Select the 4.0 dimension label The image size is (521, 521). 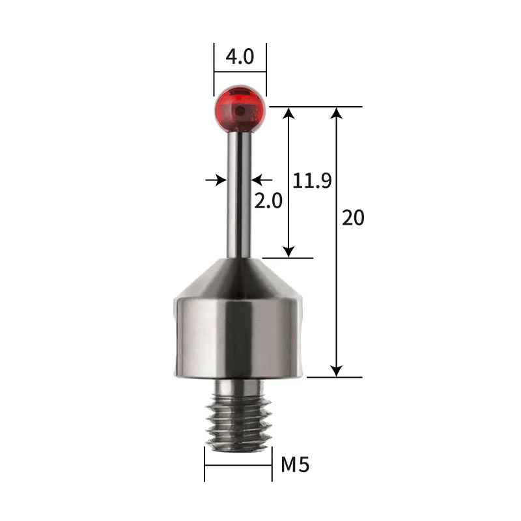coord(240,57)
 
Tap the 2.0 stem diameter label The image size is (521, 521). coord(268,201)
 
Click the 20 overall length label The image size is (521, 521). coord(353,218)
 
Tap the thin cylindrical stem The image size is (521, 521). coord(239,195)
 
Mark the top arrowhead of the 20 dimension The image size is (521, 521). coord(336,113)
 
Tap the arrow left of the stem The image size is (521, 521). coord(218,179)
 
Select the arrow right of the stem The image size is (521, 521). coord(260,179)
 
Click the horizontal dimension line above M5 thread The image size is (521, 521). coord(238,464)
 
